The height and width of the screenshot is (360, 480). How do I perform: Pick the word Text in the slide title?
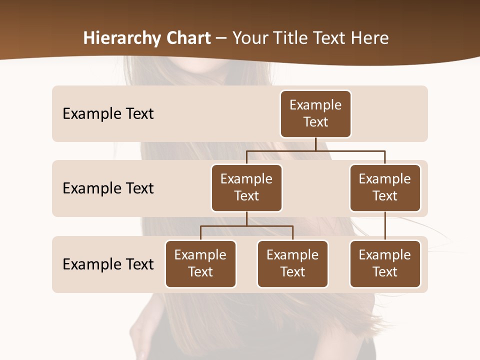pos(331,38)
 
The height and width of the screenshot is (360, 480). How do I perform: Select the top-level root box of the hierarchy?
pos(315,113)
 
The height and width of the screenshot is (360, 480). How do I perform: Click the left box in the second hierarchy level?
pos(246,187)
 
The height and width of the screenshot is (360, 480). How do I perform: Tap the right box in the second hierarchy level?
pos(385,187)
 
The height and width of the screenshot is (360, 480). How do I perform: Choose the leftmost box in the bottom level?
pos(200,263)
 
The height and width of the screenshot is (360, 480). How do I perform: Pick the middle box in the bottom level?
pos(292,263)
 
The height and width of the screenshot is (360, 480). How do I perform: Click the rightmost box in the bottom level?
pos(385,263)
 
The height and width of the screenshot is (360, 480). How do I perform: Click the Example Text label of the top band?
pos(108,114)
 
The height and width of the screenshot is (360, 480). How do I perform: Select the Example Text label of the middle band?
pos(108,188)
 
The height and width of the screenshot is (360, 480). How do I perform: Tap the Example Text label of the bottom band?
pos(108,264)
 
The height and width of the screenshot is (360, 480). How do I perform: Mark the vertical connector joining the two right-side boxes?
pos(385,226)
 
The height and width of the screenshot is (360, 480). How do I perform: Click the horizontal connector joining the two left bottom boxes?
pos(246,226)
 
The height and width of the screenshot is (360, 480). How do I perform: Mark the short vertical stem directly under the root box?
pos(315,144)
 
